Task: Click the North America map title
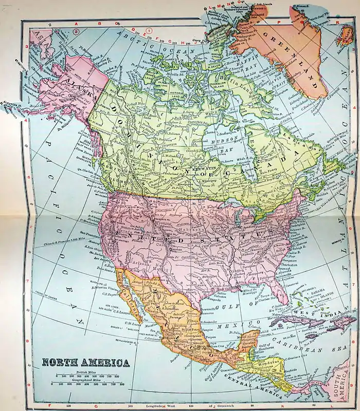[x=85, y=363]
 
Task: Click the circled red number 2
[x=76, y=32]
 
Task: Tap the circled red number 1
[x=150, y=31]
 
